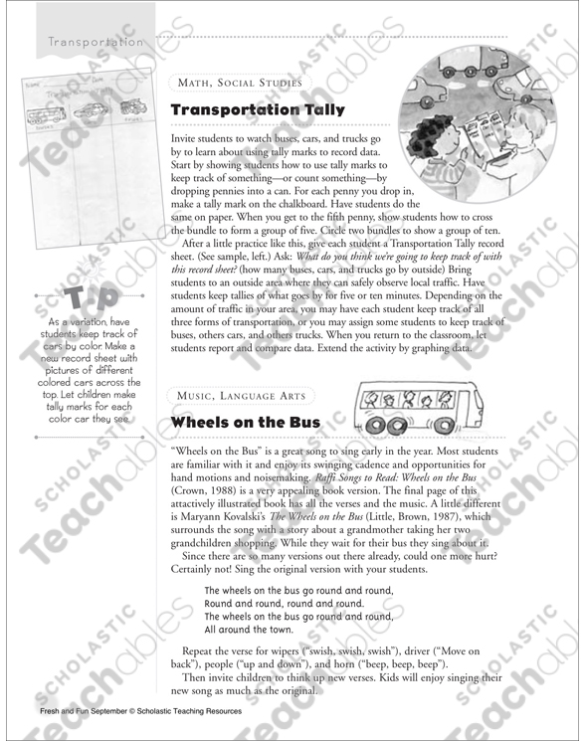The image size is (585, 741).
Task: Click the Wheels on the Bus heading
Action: (232, 422)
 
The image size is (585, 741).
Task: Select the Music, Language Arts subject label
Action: (243, 396)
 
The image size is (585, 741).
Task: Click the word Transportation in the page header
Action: (96, 43)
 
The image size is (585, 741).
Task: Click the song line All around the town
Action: (249, 630)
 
